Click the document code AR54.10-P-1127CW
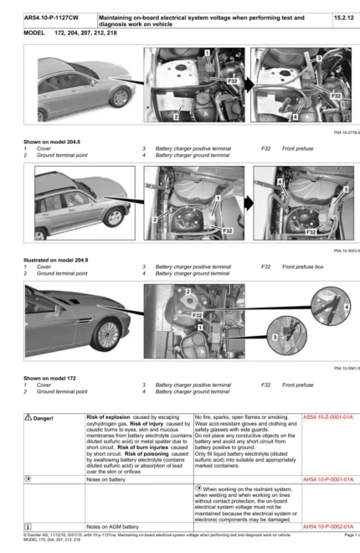48,17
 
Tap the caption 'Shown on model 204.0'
52,141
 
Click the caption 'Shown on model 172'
49,378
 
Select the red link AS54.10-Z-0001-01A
328,416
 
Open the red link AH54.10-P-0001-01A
328,479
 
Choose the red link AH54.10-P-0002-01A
328,526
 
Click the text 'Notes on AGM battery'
116,526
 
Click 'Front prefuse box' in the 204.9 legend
303,266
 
